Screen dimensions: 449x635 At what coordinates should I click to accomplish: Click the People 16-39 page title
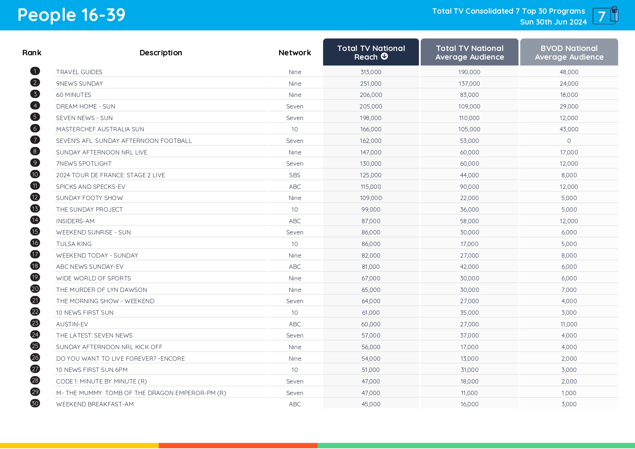click(71, 15)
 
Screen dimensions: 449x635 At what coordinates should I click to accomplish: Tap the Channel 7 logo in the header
click(605, 16)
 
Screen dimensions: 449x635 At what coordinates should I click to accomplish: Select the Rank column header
click(32, 53)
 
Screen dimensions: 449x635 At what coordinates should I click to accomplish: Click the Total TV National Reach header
click(371, 52)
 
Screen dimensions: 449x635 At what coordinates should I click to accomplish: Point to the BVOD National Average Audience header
click(569, 52)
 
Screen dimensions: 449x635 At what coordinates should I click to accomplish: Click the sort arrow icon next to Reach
click(384, 56)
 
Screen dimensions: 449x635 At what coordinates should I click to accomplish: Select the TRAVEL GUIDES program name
click(79, 72)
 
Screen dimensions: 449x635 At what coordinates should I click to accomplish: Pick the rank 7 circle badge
click(35, 140)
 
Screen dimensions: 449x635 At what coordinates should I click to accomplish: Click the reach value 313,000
click(371, 72)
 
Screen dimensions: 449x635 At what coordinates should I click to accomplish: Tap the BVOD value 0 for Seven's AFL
click(569, 141)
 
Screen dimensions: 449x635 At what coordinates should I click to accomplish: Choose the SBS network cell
click(295, 175)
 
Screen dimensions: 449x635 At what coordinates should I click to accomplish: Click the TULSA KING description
click(74, 244)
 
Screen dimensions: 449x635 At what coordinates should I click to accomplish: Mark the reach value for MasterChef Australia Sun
click(371, 129)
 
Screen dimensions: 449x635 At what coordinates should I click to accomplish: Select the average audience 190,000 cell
click(469, 72)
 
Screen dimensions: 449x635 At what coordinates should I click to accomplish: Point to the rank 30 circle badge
click(35, 403)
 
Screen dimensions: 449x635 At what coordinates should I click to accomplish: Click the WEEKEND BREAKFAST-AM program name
click(95, 404)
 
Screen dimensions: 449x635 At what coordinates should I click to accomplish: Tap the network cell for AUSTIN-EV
click(295, 324)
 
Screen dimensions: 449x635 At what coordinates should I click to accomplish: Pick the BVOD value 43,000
click(569, 129)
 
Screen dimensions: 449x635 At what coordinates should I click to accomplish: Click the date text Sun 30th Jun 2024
click(553, 22)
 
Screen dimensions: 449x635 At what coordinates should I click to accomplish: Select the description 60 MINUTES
click(73, 95)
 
